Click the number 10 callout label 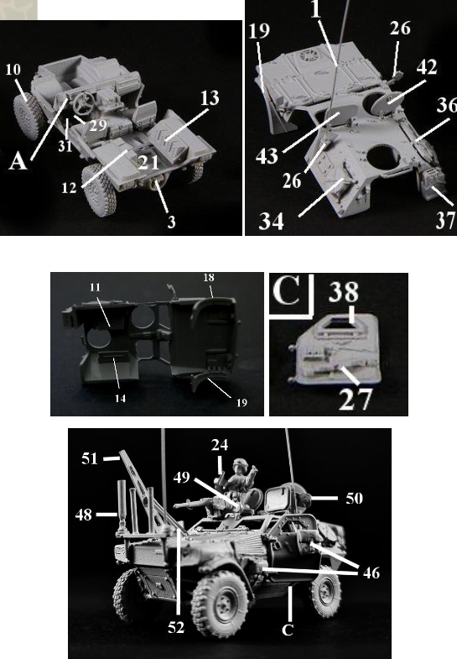[x=13, y=69]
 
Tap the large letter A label [x=18, y=161]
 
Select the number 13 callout [x=210, y=98]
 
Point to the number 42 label [x=427, y=67]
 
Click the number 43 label [x=267, y=155]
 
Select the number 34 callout [x=271, y=221]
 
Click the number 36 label [x=446, y=105]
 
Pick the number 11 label [x=96, y=287]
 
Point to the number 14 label [x=121, y=398]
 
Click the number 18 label [x=209, y=277]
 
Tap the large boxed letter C [x=288, y=290]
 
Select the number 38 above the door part [x=344, y=291]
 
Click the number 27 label [x=355, y=400]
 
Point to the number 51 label [x=90, y=458]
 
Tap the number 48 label [x=84, y=515]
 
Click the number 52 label [x=176, y=627]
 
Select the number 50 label [x=354, y=499]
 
